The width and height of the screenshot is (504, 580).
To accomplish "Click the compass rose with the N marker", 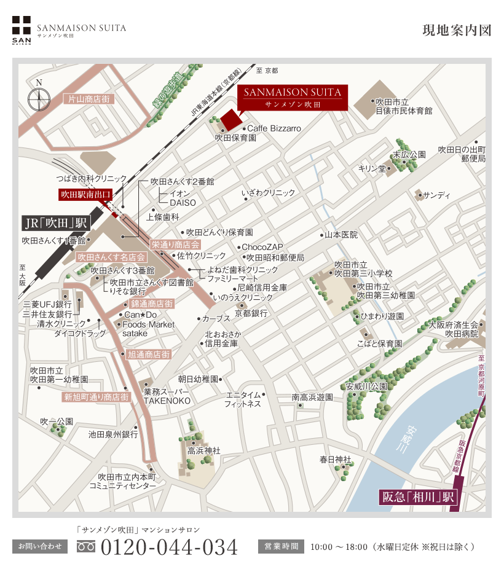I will point(39,98).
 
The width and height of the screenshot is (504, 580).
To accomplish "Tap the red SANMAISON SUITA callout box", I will point(293,98).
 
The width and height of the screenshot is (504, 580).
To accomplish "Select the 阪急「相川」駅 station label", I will point(418,497).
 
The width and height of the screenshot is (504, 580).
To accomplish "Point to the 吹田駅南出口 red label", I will point(86,195).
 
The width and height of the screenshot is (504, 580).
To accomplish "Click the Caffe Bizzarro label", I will point(274,128).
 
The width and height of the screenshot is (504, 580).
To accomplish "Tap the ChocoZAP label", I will point(262,247).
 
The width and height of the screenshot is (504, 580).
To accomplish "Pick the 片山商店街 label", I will point(89,98).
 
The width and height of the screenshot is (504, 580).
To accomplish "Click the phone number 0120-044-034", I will point(168,546).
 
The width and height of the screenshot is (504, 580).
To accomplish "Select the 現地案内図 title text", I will point(457,31).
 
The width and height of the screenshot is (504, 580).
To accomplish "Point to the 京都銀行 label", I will point(251,313).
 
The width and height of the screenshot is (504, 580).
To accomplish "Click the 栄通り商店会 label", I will point(176,245).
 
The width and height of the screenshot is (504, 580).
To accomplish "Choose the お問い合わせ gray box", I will point(40,546).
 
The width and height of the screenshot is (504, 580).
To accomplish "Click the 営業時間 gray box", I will point(281,546).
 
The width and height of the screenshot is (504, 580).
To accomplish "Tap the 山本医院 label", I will point(341,235).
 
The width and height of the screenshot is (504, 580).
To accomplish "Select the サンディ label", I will point(437,195).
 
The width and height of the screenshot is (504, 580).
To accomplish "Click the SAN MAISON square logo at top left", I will point(22,29).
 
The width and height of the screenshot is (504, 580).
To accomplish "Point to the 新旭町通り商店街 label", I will point(96,397).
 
